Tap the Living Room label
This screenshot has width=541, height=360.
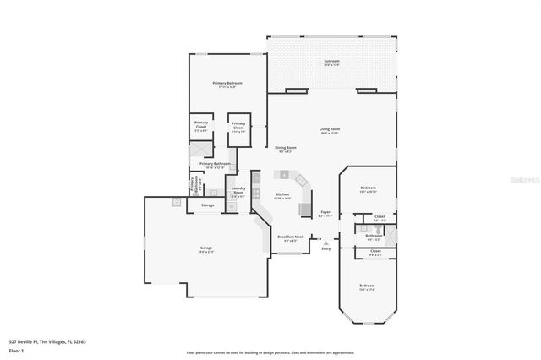[329, 129]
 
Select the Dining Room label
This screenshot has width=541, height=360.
[283, 149]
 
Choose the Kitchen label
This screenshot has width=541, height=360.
[282, 195]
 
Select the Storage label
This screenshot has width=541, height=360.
[207, 205]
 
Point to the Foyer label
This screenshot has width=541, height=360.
[325, 213]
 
